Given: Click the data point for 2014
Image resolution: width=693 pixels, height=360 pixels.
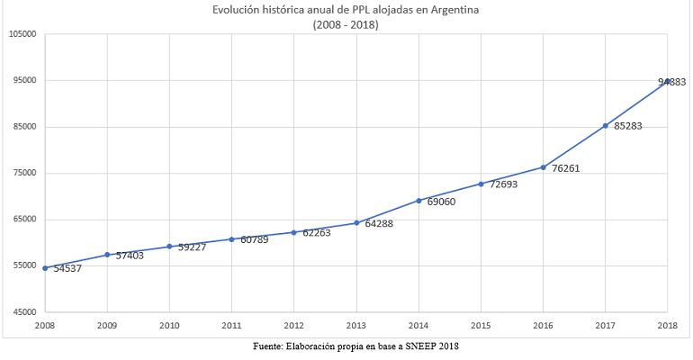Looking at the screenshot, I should tap(418, 201).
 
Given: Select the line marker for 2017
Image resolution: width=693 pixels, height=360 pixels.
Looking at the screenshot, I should tap(606, 126).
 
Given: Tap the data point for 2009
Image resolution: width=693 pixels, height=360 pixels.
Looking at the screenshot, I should tap(107, 255).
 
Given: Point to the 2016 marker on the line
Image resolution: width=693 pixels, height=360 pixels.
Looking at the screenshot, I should tap(543, 167).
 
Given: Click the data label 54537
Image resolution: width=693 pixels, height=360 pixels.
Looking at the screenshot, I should tap(67, 268).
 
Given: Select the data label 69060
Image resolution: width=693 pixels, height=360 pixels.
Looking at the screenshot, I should tap(441, 202).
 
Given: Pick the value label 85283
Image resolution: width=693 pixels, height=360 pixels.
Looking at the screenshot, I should tap(628, 127).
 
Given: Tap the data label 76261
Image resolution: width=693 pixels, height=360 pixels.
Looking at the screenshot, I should tap(565, 168).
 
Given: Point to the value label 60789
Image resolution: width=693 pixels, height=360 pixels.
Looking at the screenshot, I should tap(255, 239).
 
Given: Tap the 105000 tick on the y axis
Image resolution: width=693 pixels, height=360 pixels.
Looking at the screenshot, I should tap(22, 34).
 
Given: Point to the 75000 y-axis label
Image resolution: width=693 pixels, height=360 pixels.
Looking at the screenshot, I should tap(23, 174).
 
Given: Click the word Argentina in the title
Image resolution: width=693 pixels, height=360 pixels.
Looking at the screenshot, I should tap(454, 11).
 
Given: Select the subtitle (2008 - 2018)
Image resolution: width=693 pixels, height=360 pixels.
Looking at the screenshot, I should tap(346, 25).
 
